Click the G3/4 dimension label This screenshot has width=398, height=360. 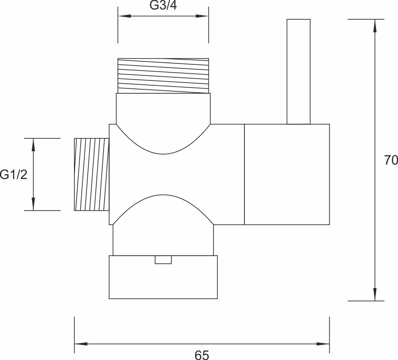tap(163, 5)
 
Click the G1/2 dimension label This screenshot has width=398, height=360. tap(13, 175)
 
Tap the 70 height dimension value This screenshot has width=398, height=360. tap(391, 160)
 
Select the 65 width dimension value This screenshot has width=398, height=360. tap(202, 355)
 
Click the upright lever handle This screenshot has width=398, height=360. tap(298, 72)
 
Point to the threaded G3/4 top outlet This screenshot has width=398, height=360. tap(163, 76)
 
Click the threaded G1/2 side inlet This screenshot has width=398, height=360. tap(92, 174)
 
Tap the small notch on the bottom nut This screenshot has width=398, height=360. tap(163, 260)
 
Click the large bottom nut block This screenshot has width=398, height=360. tap(163, 277)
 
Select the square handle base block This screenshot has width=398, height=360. tap(287, 174)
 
